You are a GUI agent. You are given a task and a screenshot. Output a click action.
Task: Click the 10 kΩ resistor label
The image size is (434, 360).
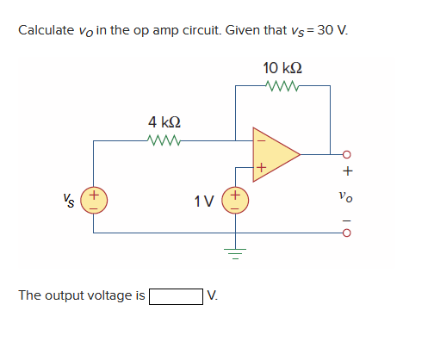coord(282,67)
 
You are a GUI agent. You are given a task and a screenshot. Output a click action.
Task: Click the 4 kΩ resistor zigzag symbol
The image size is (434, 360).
coord(164,140)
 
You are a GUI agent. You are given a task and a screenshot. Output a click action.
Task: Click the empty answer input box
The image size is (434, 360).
coord(176,297)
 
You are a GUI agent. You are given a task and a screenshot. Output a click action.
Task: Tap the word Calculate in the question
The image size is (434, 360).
coord(46,30)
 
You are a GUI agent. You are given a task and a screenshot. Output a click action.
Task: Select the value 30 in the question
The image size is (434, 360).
coord(326,30)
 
